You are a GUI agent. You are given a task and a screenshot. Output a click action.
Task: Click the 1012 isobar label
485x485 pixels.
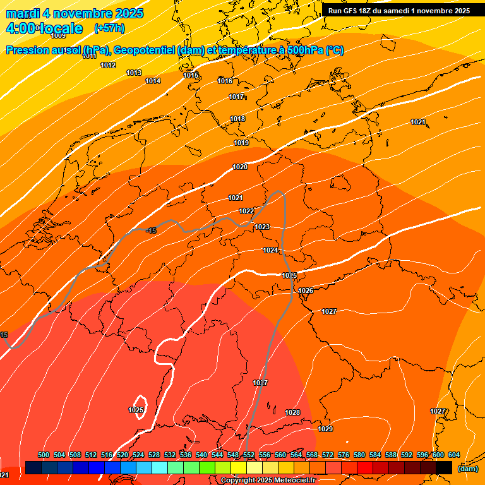108,65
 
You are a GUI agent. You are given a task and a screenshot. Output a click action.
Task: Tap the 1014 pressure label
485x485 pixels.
153,81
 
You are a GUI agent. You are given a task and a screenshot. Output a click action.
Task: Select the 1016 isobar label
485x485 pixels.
225,81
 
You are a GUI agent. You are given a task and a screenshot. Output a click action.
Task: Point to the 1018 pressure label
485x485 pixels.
237,119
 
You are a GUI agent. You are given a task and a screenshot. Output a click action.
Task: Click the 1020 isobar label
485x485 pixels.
240,167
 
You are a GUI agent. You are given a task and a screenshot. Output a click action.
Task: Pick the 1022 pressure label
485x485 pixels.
246,211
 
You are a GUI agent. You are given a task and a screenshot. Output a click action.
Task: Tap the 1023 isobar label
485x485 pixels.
262,227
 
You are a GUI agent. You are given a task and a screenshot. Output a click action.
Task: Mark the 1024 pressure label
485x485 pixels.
270,250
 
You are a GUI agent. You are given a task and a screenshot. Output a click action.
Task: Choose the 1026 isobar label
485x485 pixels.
306,290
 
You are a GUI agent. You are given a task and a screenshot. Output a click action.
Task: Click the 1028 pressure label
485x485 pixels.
292,412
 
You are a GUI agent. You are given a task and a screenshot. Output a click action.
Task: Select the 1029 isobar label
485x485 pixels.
325,429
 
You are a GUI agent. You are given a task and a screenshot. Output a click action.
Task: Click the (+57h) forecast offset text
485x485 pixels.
109,28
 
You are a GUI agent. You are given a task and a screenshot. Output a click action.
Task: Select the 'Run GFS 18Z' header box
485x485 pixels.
398,11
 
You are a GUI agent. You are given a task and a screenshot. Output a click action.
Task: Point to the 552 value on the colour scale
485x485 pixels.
249,455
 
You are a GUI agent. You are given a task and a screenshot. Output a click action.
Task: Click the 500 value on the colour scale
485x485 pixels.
44,455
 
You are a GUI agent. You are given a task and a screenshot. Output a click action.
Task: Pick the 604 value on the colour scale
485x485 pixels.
454,455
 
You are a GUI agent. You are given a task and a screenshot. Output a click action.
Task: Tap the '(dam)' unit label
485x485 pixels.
467,468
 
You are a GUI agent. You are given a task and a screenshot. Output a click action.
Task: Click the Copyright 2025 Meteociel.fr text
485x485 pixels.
268,481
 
